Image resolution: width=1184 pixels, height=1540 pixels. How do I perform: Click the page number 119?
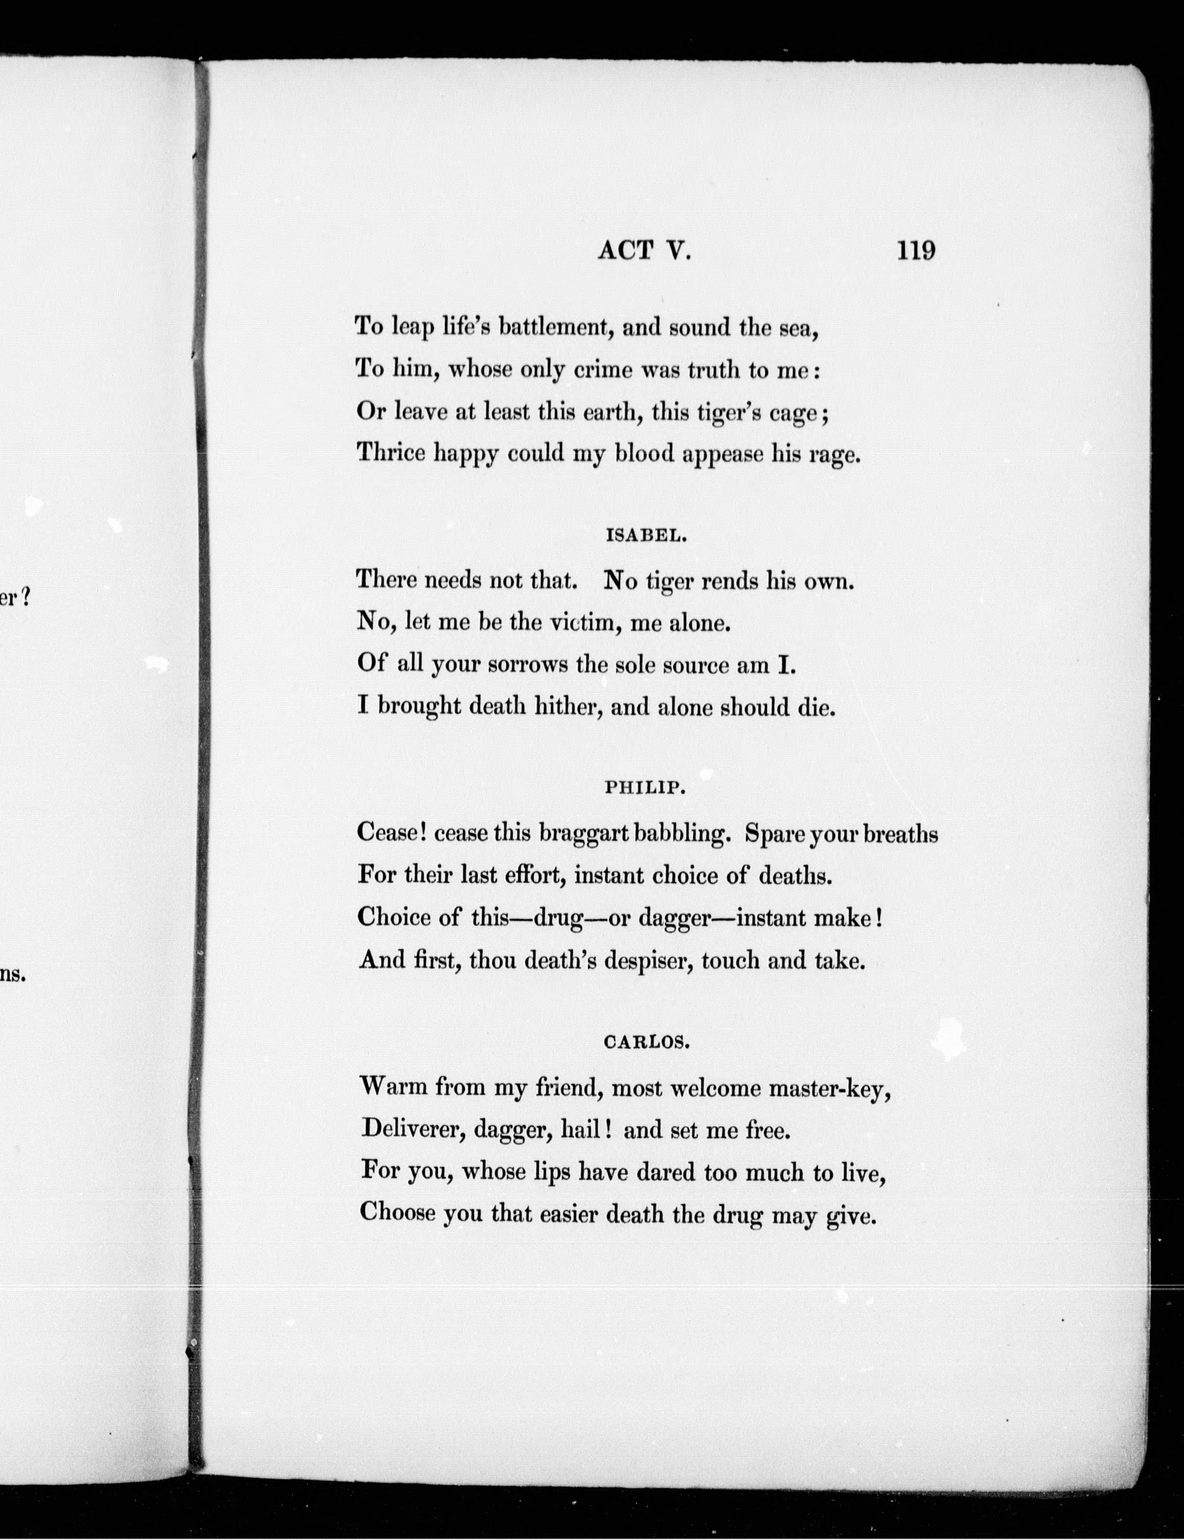(915, 250)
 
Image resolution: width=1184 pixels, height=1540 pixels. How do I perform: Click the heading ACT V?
(644, 251)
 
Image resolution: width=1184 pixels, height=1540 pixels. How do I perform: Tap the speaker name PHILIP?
(645, 788)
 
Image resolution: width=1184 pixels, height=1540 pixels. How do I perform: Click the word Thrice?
(391, 453)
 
